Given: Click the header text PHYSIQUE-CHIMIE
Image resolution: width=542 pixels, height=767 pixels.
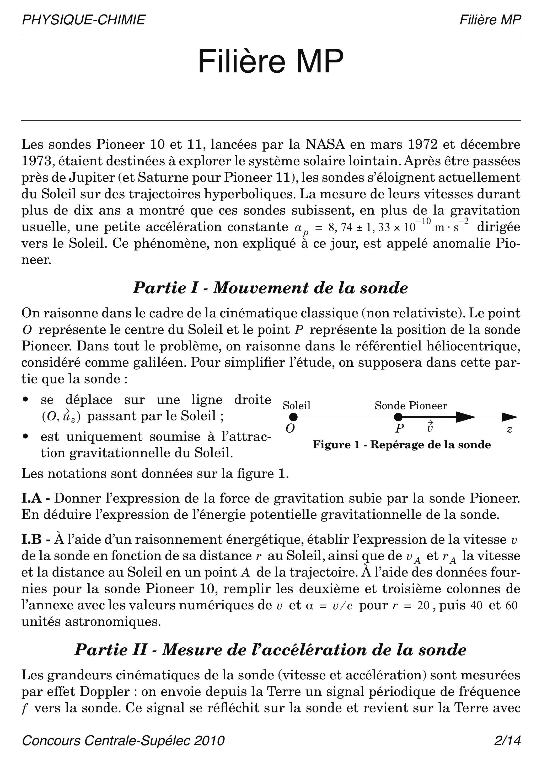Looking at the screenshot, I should (x=83, y=20).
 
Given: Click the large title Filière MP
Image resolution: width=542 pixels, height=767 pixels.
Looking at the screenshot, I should (x=271, y=61).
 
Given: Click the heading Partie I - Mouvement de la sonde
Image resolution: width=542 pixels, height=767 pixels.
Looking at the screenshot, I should (x=271, y=288).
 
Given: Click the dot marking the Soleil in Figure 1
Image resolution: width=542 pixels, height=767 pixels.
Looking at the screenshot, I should (x=293, y=417).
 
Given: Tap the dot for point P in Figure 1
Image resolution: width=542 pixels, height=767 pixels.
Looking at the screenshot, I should (x=398, y=417).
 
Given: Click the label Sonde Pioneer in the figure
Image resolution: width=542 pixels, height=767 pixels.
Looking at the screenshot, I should (x=411, y=406).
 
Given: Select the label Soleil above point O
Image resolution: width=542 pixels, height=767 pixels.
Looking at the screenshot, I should (x=297, y=406).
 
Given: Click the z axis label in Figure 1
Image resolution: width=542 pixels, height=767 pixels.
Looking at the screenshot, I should (x=509, y=429).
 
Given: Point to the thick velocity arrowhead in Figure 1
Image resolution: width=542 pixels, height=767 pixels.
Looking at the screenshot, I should (x=465, y=417).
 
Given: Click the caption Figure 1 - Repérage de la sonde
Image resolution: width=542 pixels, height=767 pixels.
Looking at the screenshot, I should (x=402, y=445).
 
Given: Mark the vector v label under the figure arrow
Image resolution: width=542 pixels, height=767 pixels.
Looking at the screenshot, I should (x=430, y=428).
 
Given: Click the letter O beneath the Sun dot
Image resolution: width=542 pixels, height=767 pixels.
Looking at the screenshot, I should (x=290, y=429).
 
